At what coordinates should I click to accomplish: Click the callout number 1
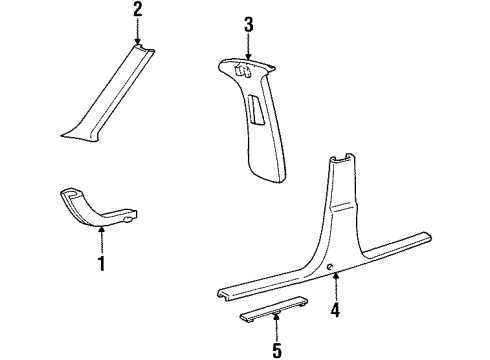pyautogui.click(x=101, y=263)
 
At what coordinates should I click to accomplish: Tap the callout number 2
pyautogui.click(x=138, y=9)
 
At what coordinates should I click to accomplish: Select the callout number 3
pyautogui.click(x=249, y=25)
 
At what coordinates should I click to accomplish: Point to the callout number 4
pyautogui.click(x=335, y=310)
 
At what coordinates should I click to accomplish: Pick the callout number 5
pyautogui.click(x=277, y=350)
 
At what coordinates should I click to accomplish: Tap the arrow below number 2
pyautogui.click(x=137, y=32)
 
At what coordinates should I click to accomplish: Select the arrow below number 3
pyautogui.click(x=248, y=47)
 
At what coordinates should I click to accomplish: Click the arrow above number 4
pyautogui.click(x=336, y=286)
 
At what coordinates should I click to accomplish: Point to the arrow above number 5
pyautogui.click(x=276, y=327)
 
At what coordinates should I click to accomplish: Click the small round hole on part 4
pyautogui.click(x=329, y=266)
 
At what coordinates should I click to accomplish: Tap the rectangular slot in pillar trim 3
pyautogui.click(x=256, y=111)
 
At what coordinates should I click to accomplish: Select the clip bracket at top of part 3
pyautogui.click(x=242, y=71)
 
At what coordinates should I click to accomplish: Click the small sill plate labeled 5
pyautogui.click(x=273, y=309)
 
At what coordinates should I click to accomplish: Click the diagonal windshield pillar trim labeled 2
pyautogui.click(x=108, y=92)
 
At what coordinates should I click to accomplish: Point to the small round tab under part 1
pyautogui.click(x=128, y=220)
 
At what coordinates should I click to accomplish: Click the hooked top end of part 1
pyautogui.click(x=71, y=194)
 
